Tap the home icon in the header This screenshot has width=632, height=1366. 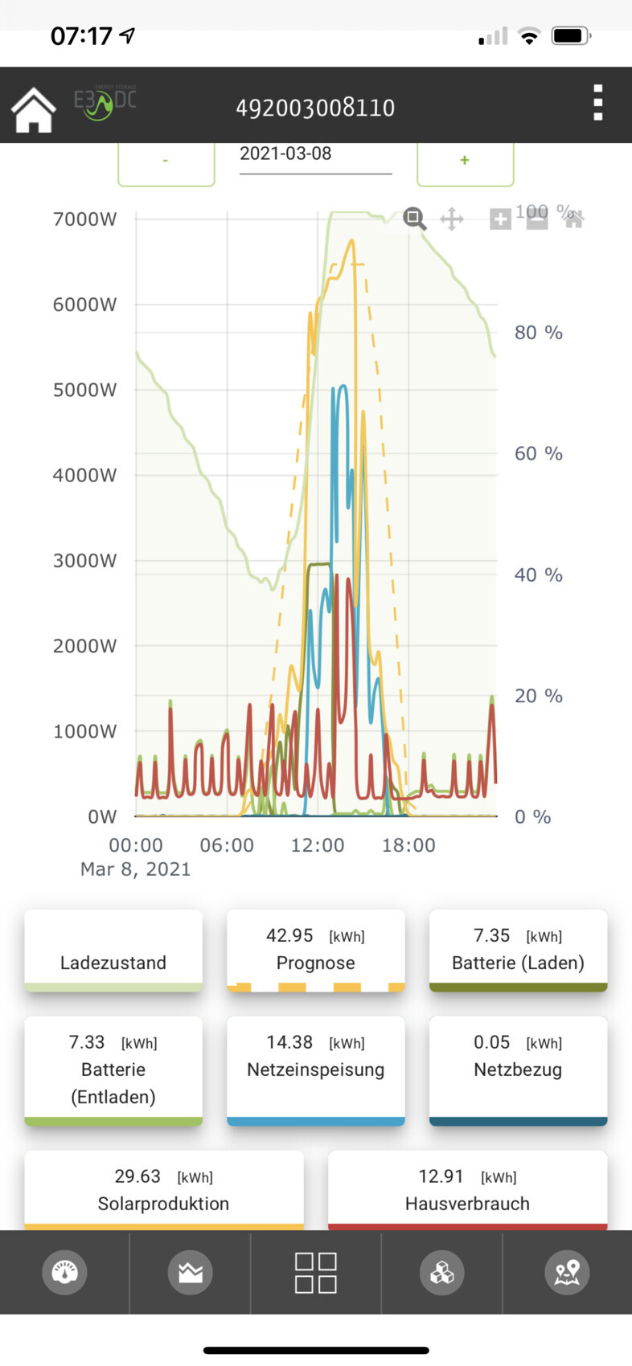click(x=33, y=109)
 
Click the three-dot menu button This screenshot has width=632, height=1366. click(x=597, y=103)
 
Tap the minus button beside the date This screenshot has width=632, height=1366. click(x=166, y=161)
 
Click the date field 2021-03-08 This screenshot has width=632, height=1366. click(x=315, y=154)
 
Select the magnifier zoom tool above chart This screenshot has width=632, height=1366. click(x=414, y=219)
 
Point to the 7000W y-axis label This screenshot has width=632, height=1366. click(x=84, y=219)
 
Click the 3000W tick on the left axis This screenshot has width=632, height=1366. click(x=84, y=561)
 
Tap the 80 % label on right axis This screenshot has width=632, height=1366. click(x=538, y=333)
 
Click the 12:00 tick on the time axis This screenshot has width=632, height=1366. click(x=318, y=845)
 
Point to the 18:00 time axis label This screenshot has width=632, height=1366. click(x=408, y=845)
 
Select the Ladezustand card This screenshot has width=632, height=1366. click(x=113, y=951)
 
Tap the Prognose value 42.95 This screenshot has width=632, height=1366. click(x=289, y=936)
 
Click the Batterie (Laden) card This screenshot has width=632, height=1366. click(x=518, y=951)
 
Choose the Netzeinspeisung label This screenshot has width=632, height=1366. click(x=315, y=1070)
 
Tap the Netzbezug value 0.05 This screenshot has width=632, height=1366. click(x=492, y=1043)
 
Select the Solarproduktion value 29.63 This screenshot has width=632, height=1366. click(x=137, y=1177)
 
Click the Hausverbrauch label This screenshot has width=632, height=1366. click(x=467, y=1204)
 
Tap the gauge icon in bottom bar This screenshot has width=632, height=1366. click(x=64, y=1272)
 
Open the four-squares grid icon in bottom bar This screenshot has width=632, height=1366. click(x=315, y=1273)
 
